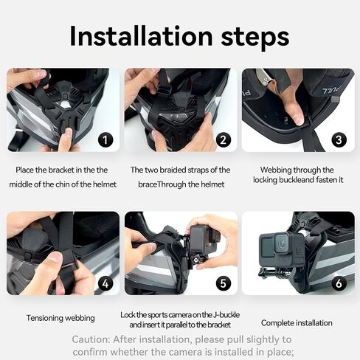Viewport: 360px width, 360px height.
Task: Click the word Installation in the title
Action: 141,36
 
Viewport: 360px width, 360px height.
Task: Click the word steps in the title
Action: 255,38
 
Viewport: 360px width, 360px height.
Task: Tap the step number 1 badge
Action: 105,140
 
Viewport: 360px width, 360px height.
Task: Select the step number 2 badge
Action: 224,140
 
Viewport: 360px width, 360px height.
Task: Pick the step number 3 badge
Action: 339,140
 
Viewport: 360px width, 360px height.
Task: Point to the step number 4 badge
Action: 105,283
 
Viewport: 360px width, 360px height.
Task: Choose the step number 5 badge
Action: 224,283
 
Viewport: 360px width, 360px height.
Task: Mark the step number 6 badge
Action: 339,283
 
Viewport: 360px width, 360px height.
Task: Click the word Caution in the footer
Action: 91,339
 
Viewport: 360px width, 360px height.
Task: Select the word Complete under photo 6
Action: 277,323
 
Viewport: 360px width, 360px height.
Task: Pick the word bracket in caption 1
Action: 61,170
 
